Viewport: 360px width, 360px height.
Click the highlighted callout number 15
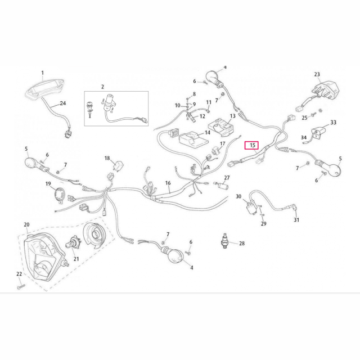tap(253, 145)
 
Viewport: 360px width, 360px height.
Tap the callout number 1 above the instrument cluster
tap(43, 73)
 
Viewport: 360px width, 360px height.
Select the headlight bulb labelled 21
tap(72, 244)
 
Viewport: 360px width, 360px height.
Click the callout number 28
tap(242, 244)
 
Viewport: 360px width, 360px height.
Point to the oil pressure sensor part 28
tap(225, 241)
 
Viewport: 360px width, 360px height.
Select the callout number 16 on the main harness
tap(168, 183)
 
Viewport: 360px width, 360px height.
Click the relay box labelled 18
tap(118, 165)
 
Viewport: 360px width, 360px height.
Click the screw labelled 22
tap(21, 286)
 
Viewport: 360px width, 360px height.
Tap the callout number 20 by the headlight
tap(26, 224)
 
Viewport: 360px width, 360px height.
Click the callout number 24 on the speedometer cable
tap(62, 103)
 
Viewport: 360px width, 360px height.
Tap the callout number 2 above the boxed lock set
tap(102, 87)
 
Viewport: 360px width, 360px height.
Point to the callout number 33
tap(333, 123)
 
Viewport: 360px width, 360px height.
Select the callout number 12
tap(202, 116)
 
